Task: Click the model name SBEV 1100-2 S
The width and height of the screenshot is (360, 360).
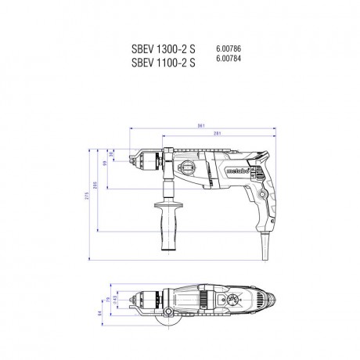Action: click(x=162, y=63)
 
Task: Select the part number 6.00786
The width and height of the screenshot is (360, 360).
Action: click(x=228, y=49)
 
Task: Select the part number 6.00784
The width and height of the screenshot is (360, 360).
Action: click(x=228, y=60)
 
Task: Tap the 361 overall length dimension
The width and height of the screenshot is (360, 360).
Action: click(x=200, y=127)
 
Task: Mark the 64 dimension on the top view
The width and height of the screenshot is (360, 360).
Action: click(x=100, y=315)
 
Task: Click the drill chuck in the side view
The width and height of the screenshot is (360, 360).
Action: click(x=158, y=164)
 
